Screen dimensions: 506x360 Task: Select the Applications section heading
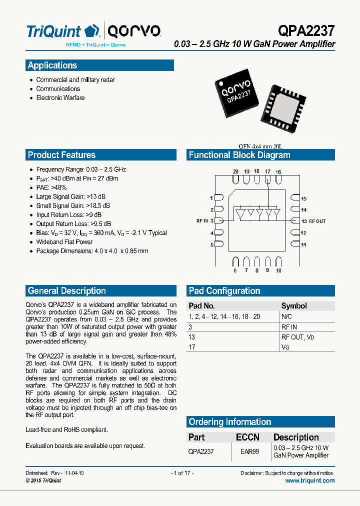click(x=52, y=65)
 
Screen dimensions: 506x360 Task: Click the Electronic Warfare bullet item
click(x=60, y=98)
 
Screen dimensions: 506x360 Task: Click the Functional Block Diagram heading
click(x=239, y=155)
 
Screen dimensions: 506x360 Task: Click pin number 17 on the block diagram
click(x=267, y=171)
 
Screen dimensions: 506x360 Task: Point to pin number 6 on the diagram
click(x=235, y=270)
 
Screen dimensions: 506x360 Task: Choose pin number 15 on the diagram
click(x=303, y=199)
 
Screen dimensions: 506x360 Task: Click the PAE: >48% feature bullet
click(x=51, y=187)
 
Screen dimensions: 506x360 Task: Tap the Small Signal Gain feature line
click(x=73, y=205)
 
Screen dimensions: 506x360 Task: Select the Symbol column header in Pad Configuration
click(x=294, y=306)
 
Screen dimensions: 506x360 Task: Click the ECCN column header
click(x=247, y=437)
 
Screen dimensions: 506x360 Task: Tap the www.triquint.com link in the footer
click(x=309, y=480)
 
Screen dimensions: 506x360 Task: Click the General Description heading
click(x=67, y=291)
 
